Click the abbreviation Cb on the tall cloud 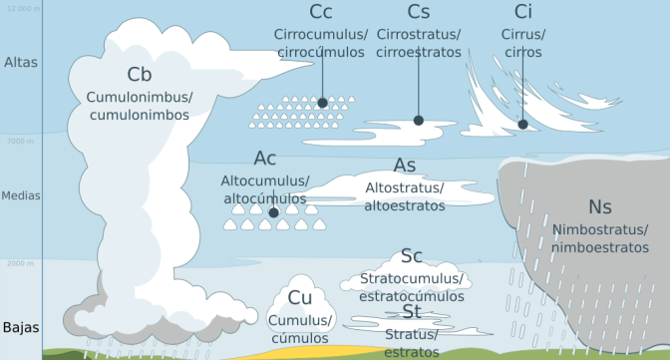(x=139, y=74)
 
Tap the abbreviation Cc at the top (x=321, y=12)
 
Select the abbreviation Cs (x=419, y=12)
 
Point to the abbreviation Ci (x=522, y=12)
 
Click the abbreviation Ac (x=265, y=159)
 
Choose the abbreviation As (x=405, y=165)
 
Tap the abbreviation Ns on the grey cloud (x=600, y=206)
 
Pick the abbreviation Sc (x=412, y=257)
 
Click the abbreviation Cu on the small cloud (x=300, y=297)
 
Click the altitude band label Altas (x=20, y=62)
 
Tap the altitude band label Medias (x=21, y=195)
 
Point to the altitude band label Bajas (x=20, y=328)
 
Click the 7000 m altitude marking (x=21, y=142)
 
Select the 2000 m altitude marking (x=21, y=263)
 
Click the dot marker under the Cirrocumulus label (x=322, y=103)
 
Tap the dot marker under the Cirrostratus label (x=419, y=121)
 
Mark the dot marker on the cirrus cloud (x=522, y=125)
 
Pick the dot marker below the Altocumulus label (x=273, y=211)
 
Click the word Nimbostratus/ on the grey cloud (x=600, y=230)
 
